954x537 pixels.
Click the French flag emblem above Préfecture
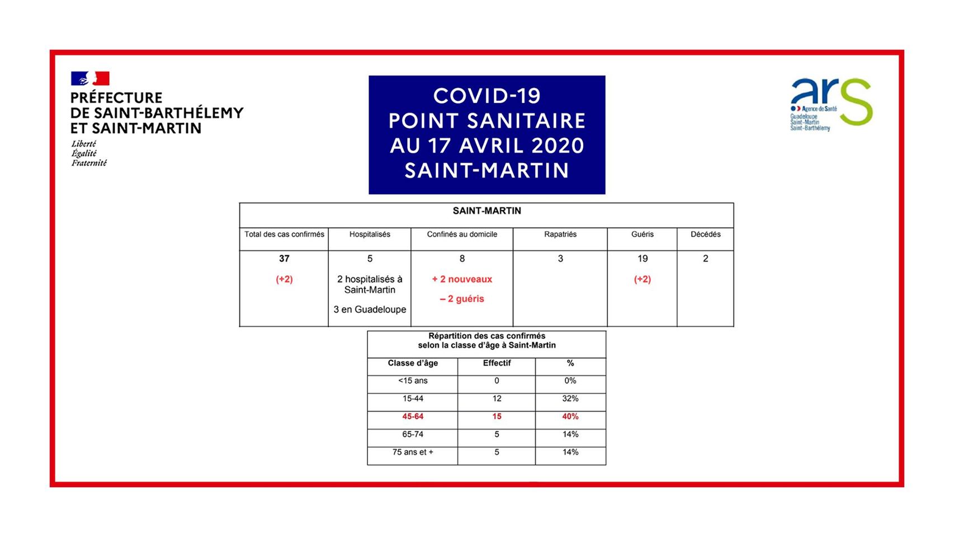(90, 78)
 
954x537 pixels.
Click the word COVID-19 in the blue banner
(487, 96)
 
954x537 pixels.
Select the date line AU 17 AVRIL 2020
(487, 145)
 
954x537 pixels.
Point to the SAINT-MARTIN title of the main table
(487, 211)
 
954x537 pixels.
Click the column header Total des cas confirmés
(284, 234)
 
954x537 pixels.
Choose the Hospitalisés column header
(370, 234)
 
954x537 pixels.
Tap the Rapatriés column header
(560, 234)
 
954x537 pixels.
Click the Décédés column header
(705, 234)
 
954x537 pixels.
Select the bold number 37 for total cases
(284, 258)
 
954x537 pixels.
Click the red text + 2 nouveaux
(462, 279)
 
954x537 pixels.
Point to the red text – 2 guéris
(462, 299)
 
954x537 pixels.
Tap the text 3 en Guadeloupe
(370, 309)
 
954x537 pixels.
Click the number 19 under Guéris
(642, 258)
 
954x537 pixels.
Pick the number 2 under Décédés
(705, 258)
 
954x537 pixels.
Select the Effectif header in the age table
(497, 363)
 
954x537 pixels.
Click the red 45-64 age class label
(413, 417)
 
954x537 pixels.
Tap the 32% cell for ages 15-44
(570, 399)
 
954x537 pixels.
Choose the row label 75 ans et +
(413, 452)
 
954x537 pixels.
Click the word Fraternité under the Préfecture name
(89, 163)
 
